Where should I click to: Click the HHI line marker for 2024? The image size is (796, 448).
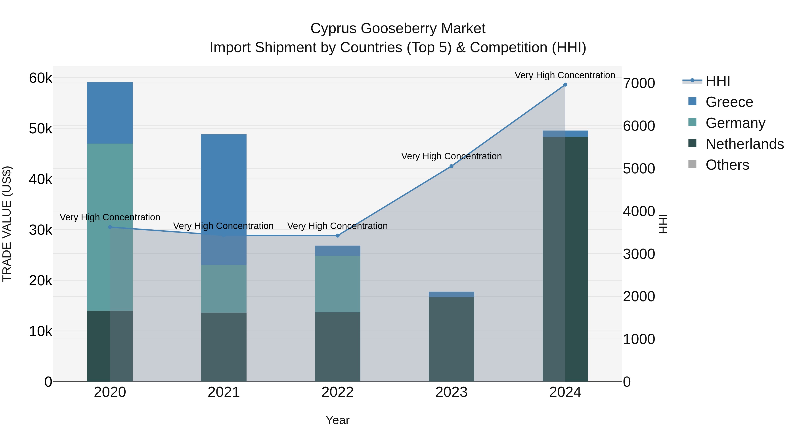(x=565, y=85)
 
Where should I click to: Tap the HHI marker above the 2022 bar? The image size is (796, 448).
(x=337, y=236)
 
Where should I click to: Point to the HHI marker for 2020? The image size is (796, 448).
(x=110, y=227)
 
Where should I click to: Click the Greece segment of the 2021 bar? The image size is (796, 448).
(x=224, y=186)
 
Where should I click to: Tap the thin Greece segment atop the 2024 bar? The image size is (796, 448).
(x=565, y=134)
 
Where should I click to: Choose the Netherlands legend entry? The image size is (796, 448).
(x=745, y=144)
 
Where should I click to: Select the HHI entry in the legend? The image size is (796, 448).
(x=718, y=81)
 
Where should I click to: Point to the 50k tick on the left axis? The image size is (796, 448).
(x=40, y=129)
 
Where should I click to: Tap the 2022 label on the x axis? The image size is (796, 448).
(x=337, y=392)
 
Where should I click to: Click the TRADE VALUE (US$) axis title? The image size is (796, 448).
(x=7, y=224)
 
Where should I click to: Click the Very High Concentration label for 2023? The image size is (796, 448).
(x=451, y=156)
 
